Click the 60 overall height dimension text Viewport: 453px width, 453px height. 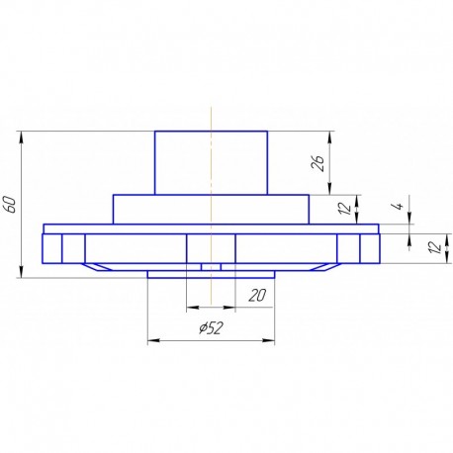(11, 204)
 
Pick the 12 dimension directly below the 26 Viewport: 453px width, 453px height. (344, 209)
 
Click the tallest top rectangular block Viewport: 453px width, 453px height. (211, 162)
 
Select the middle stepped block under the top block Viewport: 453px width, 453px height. (211, 209)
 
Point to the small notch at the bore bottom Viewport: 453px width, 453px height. (211, 266)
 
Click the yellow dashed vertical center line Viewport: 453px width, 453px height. (211, 119)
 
